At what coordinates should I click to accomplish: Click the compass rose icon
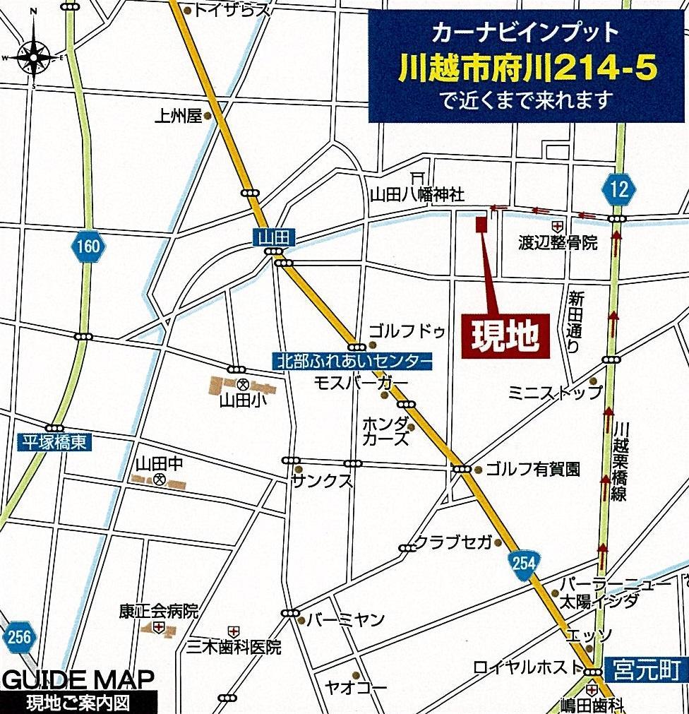coord(33,56)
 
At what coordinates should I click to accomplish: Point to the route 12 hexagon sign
coord(619,189)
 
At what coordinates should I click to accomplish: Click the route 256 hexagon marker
coord(19,637)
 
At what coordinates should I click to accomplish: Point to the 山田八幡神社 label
coord(417,194)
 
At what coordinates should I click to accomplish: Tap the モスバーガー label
coord(361,382)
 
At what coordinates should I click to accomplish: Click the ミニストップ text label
coord(556,392)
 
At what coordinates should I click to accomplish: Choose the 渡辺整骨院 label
coord(558,243)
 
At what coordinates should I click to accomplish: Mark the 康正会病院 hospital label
coord(159,610)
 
